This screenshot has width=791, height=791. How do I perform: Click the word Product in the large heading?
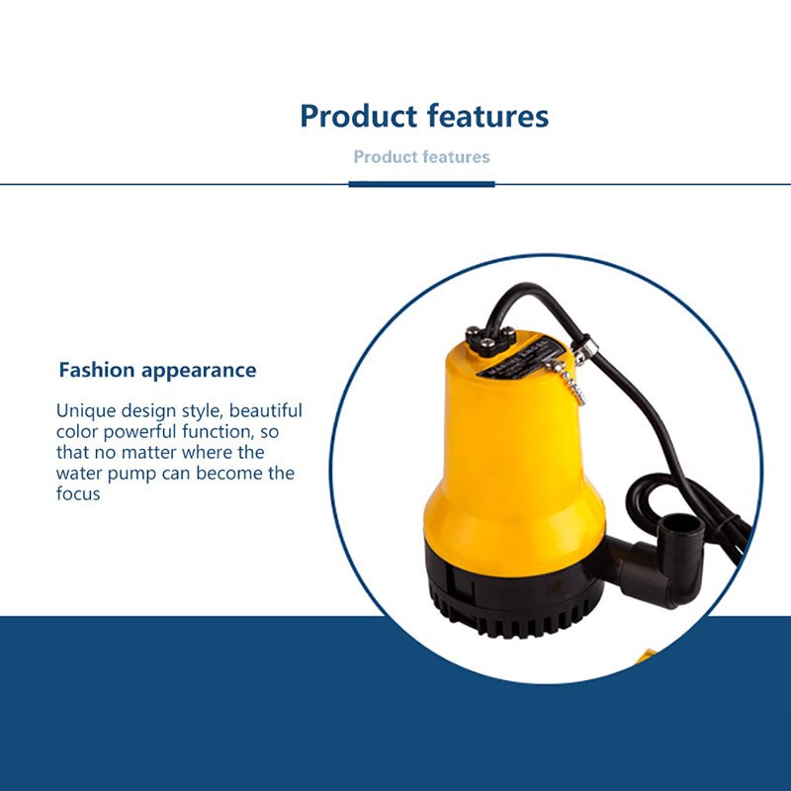pos(357,117)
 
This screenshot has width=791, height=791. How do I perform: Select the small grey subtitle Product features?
pos(421,157)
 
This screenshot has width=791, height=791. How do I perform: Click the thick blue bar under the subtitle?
pos(421,184)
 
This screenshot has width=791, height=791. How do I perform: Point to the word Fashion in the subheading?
pos(96,371)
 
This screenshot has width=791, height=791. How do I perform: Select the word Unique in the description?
pos(85,410)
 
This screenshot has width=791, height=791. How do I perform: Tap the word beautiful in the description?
pos(264,410)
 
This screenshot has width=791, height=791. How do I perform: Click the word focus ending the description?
pos(78,493)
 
